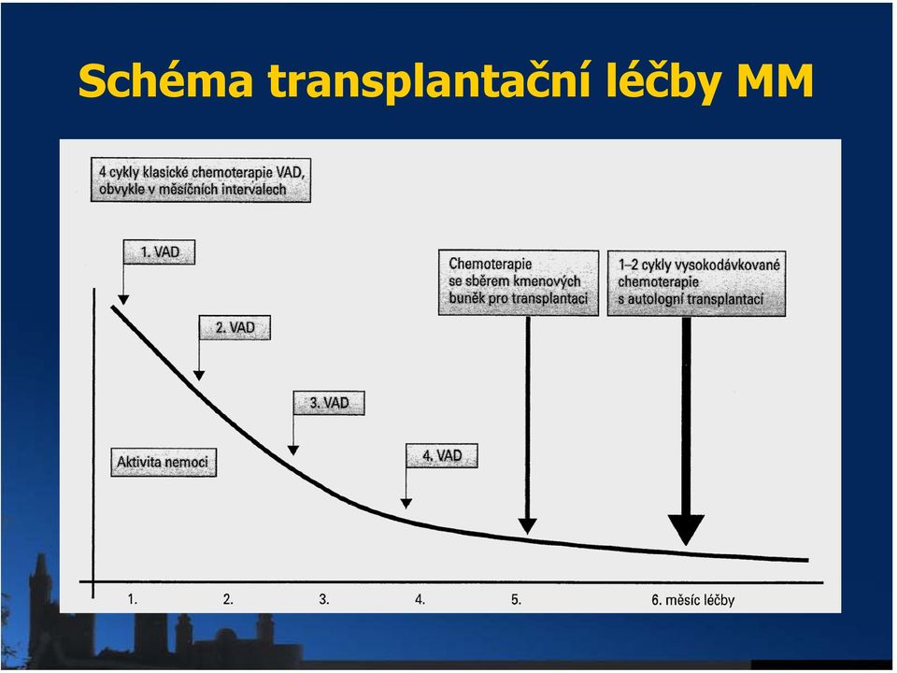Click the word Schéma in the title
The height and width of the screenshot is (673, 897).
click(x=166, y=80)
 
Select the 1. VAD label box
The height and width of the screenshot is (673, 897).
click(x=159, y=251)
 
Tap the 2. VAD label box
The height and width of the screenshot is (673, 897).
click(x=235, y=327)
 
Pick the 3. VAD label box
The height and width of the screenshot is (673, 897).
click(x=329, y=403)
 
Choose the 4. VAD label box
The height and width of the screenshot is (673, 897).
click(x=442, y=455)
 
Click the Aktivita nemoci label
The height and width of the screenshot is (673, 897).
click(x=163, y=462)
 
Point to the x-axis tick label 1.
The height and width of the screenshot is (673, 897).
click(x=133, y=599)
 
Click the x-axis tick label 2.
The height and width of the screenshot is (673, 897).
click(x=228, y=599)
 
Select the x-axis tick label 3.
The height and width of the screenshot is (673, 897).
click(x=324, y=599)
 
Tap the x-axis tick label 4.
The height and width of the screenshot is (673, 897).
click(x=420, y=599)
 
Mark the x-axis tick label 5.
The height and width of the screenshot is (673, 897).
click(x=517, y=599)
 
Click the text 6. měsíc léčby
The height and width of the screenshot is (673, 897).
click(x=692, y=600)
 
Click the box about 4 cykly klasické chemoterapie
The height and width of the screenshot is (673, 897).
click(x=201, y=179)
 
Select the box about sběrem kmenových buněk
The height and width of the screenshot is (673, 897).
click(x=519, y=282)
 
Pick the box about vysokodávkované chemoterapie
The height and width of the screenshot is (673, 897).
click(x=696, y=282)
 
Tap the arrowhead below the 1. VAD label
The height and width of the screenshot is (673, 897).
click(x=123, y=300)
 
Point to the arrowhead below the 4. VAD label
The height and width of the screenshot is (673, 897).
click(x=406, y=504)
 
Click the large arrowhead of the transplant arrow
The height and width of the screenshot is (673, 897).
click(x=686, y=529)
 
